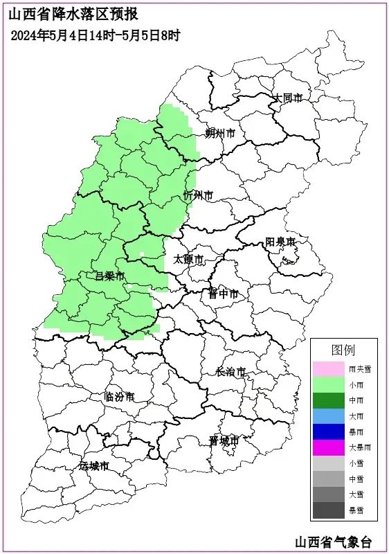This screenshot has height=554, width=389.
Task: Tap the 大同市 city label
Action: click(x=288, y=98)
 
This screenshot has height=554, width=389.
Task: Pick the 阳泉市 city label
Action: click(x=281, y=242)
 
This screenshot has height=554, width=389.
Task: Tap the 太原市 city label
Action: click(x=188, y=260)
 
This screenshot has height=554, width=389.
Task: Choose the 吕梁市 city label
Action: click(x=109, y=276)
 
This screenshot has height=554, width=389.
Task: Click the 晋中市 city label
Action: click(x=224, y=294)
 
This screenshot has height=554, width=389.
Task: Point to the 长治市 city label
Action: click(x=230, y=372)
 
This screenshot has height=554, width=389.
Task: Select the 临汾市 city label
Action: click(x=119, y=397)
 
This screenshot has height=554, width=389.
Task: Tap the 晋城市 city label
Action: click(x=224, y=440)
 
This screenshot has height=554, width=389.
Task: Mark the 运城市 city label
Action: click(x=94, y=466)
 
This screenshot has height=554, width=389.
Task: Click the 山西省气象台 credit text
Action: click(x=333, y=541)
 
